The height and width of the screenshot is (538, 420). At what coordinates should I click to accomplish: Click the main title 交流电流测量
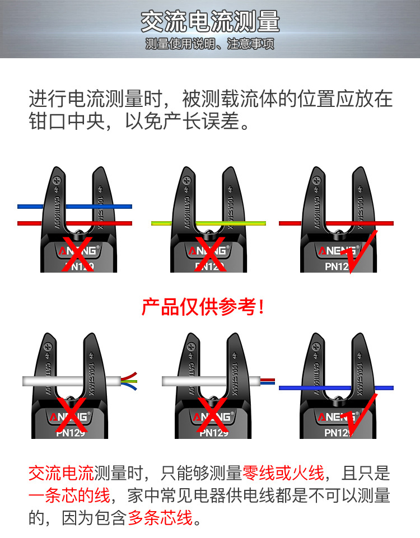pyautogui.click(x=210, y=22)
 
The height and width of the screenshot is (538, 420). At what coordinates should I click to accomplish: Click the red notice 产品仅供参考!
pyautogui.click(x=203, y=306)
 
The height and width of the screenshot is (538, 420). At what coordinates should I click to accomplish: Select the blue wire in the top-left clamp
pyautogui.click(x=34, y=207)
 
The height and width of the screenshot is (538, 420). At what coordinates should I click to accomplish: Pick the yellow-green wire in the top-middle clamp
pyautogui.click(x=168, y=223)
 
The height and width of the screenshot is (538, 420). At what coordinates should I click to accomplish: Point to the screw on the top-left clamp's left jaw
pyautogui.click(x=56, y=181)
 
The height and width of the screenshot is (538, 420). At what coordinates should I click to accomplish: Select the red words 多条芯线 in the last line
pyautogui.click(x=160, y=518)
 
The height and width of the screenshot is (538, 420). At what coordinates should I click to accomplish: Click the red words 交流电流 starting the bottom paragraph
pyautogui.click(x=60, y=474)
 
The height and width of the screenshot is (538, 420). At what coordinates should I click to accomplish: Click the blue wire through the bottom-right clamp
pyautogui.click(x=291, y=387)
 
